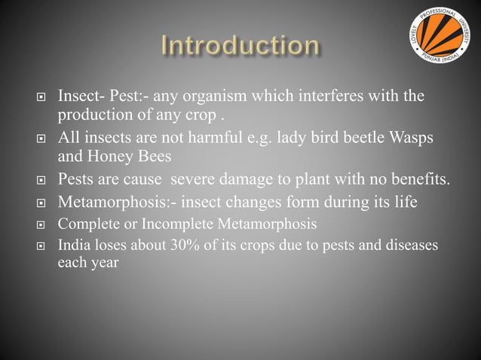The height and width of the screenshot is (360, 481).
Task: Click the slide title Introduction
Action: [x=240, y=45]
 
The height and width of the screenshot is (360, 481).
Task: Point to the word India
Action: [x=75, y=246]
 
